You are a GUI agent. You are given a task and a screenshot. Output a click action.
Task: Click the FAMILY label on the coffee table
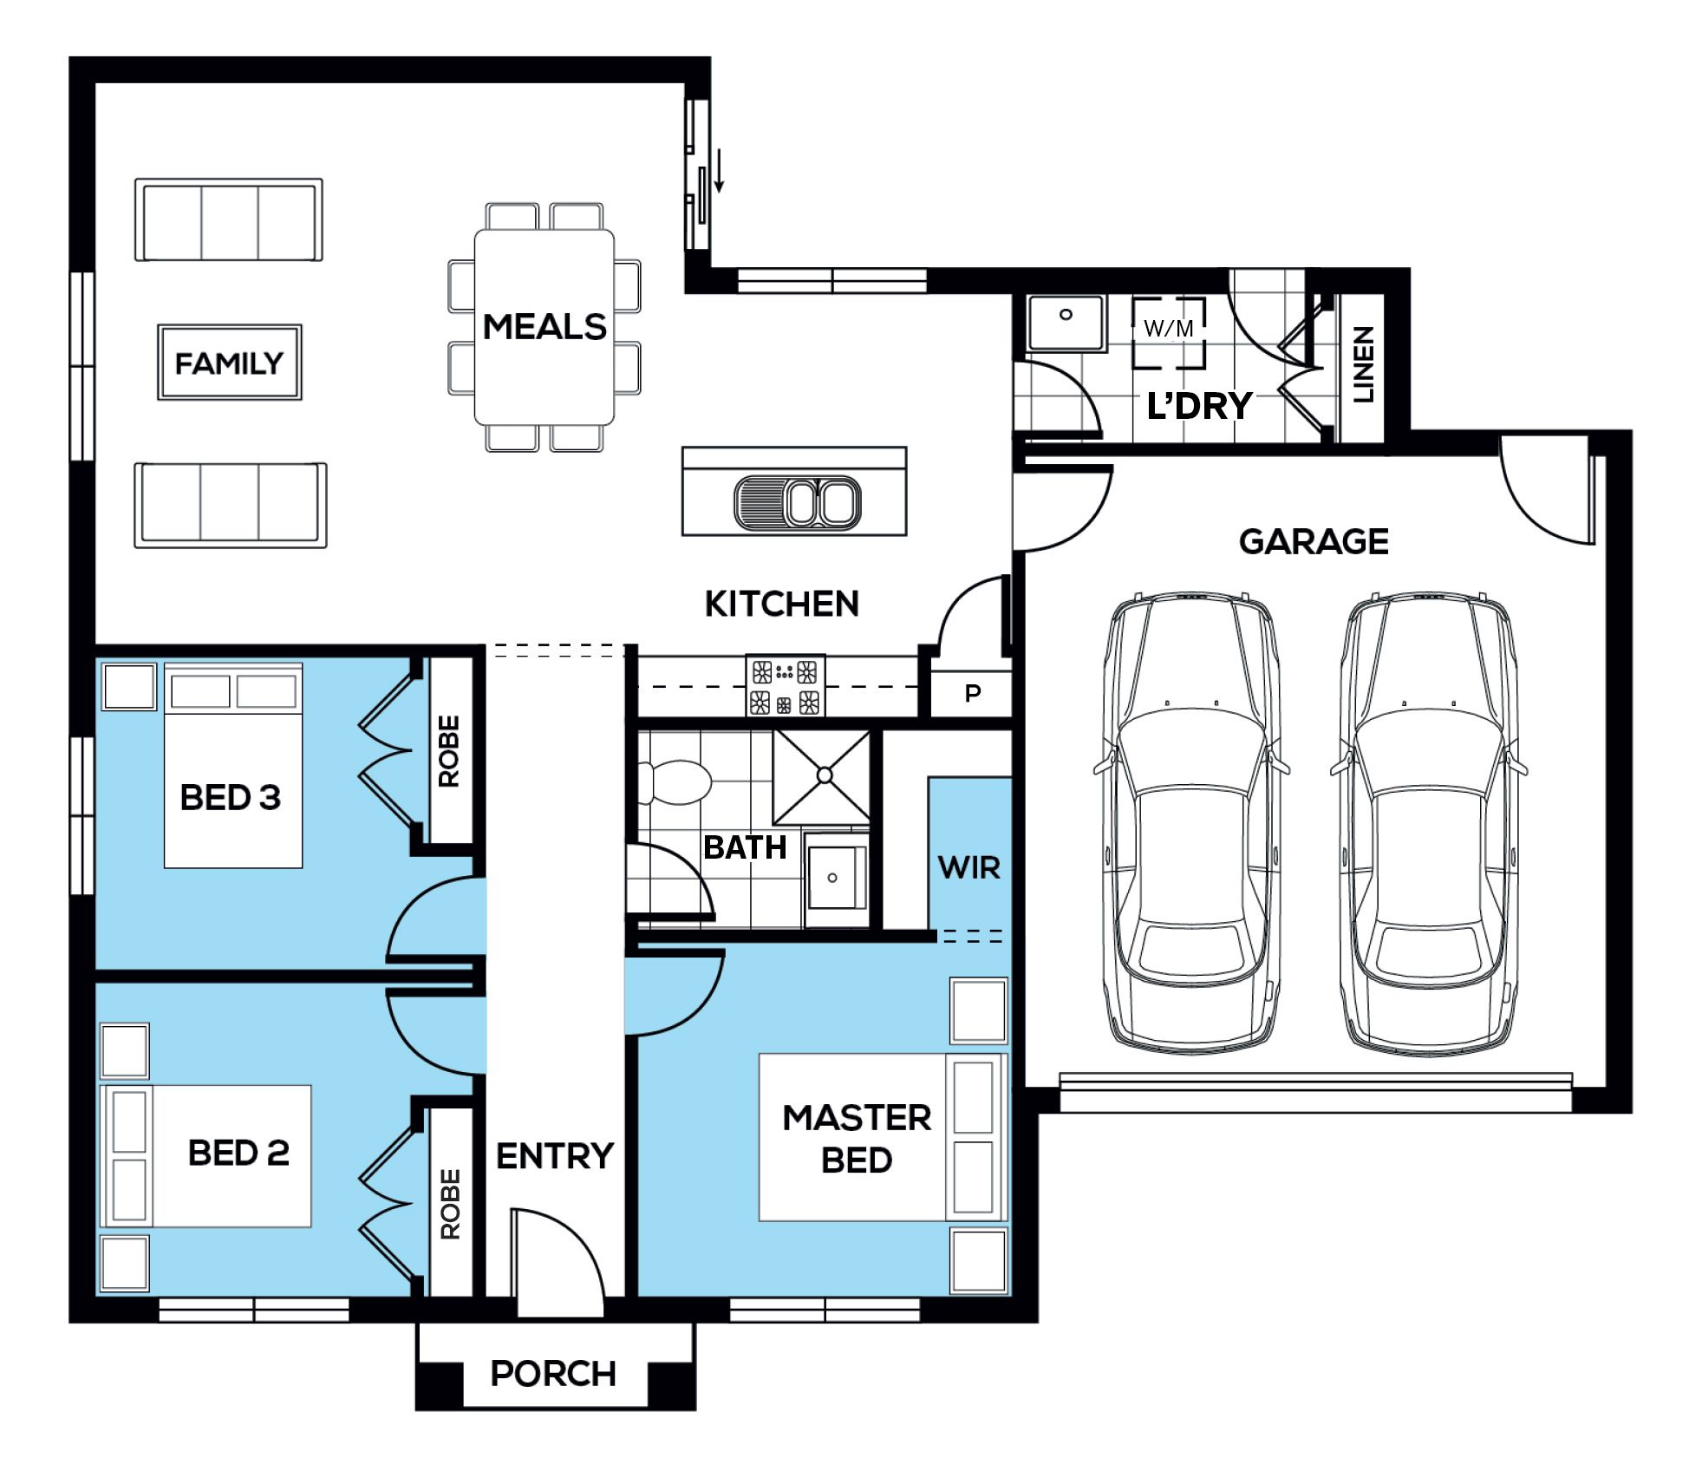(x=229, y=363)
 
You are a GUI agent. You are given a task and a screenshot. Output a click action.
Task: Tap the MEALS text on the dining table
(x=545, y=327)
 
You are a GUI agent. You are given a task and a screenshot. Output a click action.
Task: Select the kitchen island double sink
(x=798, y=502)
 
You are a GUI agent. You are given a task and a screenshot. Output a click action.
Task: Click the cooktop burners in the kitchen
(x=786, y=686)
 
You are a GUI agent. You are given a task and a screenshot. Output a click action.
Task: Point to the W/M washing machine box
(x=1169, y=334)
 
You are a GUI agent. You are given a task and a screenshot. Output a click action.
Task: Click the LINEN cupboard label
(x=1364, y=364)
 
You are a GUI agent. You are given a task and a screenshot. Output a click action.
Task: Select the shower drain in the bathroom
(x=824, y=775)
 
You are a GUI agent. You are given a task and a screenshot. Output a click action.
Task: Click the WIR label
(x=969, y=867)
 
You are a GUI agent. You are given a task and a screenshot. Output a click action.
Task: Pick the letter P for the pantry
(x=973, y=693)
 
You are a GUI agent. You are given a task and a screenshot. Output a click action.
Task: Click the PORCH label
(x=553, y=1374)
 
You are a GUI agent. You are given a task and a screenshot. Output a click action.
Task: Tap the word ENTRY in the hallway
(x=555, y=1156)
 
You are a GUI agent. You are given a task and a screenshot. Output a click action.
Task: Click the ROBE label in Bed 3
(x=449, y=751)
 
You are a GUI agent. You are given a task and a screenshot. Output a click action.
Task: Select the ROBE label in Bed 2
(x=450, y=1204)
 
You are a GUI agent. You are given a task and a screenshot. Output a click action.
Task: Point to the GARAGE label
(x=1314, y=541)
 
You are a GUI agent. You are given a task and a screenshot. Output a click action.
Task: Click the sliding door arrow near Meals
(x=719, y=170)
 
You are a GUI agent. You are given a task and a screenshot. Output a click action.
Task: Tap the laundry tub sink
(x=1066, y=324)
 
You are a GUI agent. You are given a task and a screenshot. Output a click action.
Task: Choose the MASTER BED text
(x=857, y=1139)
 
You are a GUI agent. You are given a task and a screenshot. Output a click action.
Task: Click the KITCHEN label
(x=782, y=604)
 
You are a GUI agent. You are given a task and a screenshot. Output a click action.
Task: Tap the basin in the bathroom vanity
(x=833, y=878)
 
